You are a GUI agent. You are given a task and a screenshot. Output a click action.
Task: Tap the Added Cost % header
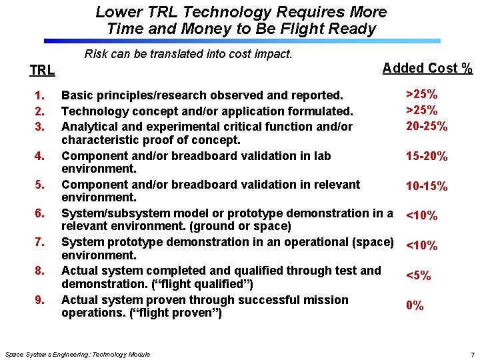(427, 68)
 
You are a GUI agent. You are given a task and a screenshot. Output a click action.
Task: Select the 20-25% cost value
(427, 126)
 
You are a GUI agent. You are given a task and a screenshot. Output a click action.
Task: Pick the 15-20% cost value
(427, 157)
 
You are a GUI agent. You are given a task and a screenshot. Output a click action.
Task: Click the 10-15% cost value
(427, 187)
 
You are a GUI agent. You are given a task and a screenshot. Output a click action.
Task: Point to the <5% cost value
(418, 275)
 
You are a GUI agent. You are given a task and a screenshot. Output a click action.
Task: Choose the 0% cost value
(415, 306)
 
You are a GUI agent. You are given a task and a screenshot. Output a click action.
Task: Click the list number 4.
(39, 156)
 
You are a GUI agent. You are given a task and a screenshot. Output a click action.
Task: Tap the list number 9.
(39, 300)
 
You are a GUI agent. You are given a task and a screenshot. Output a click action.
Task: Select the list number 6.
(39, 213)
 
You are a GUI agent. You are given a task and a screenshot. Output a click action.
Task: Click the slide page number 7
(472, 354)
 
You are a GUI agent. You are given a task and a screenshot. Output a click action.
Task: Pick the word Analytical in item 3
(89, 126)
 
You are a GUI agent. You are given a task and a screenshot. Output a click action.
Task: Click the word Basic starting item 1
(77, 97)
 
